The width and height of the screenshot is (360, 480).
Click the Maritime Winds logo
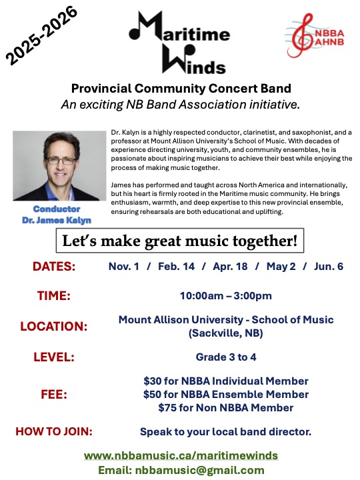(x=179, y=41)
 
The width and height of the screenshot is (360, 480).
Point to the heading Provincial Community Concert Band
(x=181, y=88)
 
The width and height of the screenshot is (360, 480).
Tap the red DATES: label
(x=54, y=267)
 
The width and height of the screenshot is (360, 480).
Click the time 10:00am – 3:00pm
(x=226, y=295)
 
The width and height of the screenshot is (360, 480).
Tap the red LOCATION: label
(x=54, y=327)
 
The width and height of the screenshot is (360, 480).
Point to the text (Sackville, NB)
(x=226, y=333)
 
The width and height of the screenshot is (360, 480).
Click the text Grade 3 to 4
(x=226, y=357)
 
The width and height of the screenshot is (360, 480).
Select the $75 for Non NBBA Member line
(x=226, y=407)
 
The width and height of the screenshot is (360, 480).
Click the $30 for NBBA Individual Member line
(x=226, y=381)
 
